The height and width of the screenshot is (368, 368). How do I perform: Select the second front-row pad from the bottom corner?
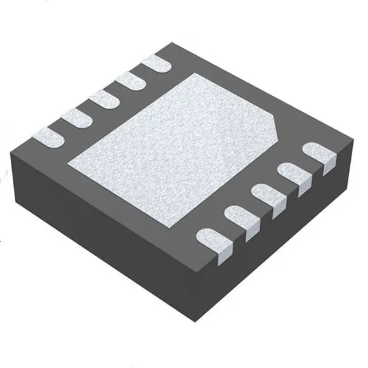242,220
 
